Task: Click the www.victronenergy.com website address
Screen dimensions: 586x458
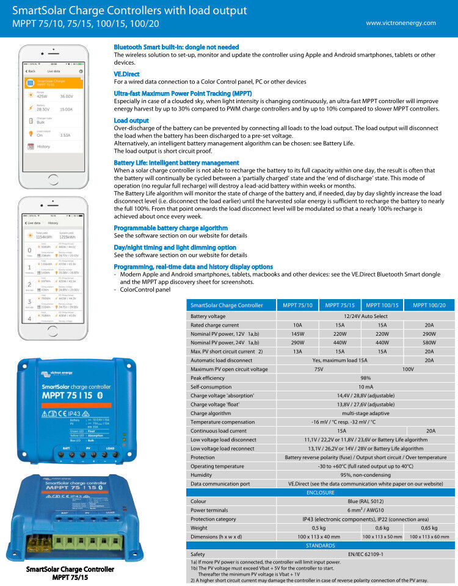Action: (x=401, y=23)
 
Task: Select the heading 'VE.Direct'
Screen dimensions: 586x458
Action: (x=126, y=74)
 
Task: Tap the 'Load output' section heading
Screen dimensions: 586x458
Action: (x=131, y=121)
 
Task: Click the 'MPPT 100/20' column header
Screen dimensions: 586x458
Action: (x=429, y=305)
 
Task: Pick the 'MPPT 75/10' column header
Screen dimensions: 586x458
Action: (x=297, y=305)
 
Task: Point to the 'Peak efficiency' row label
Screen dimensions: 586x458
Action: (x=208, y=378)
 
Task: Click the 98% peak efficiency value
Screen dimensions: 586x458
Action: (x=365, y=378)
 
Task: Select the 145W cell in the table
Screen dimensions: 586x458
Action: (x=297, y=334)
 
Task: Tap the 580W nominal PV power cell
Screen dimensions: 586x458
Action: (x=429, y=343)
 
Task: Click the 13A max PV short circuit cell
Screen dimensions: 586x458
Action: (x=297, y=352)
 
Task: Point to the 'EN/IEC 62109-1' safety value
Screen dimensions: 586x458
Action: (x=365, y=554)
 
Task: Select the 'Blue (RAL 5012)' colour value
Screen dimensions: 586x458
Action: (x=365, y=501)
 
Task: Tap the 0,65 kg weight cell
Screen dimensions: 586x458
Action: (x=429, y=527)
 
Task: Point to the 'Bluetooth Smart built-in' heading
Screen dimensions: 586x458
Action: (x=176, y=47)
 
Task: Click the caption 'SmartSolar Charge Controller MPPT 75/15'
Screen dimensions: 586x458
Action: (x=70, y=573)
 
